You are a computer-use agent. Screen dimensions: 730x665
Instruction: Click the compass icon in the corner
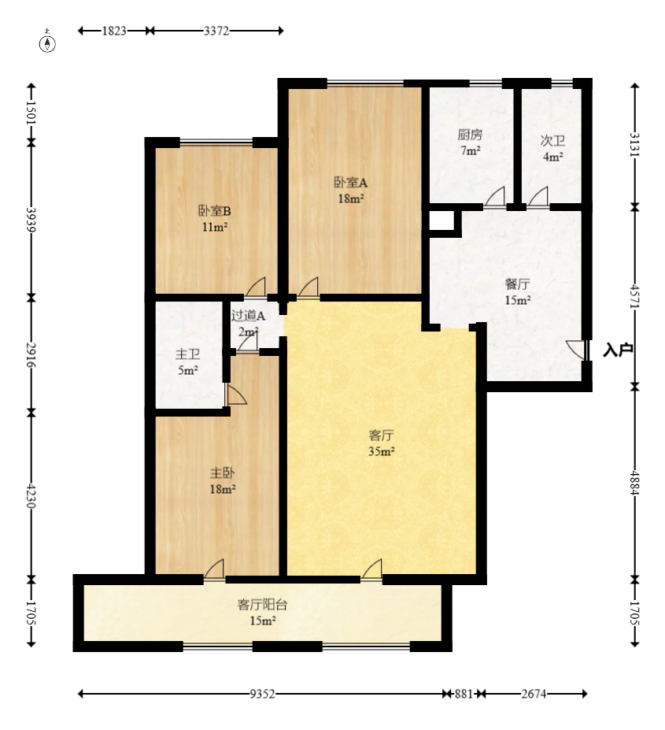(48, 43)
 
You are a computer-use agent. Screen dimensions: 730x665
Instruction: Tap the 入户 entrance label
(618, 350)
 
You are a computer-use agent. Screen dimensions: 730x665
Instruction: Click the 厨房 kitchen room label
(470, 134)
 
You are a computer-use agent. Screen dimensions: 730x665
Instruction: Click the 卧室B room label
(214, 211)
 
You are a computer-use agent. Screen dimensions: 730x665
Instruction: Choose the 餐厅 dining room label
(516, 284)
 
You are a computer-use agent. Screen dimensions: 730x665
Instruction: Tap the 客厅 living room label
(381, 435)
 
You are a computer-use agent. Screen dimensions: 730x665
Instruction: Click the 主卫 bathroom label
(187, 354)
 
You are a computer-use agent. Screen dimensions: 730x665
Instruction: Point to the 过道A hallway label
(248, 316)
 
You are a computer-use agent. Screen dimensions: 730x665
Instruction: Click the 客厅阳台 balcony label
(262, 605)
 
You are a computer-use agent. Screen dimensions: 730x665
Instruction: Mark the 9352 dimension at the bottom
(262, 694)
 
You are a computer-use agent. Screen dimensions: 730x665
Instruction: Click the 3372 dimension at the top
(216, 31)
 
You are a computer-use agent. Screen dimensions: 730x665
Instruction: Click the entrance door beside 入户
(578, 350)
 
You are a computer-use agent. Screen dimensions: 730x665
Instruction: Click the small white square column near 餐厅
(442, 222)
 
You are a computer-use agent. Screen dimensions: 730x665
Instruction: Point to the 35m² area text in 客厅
(381, 451)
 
